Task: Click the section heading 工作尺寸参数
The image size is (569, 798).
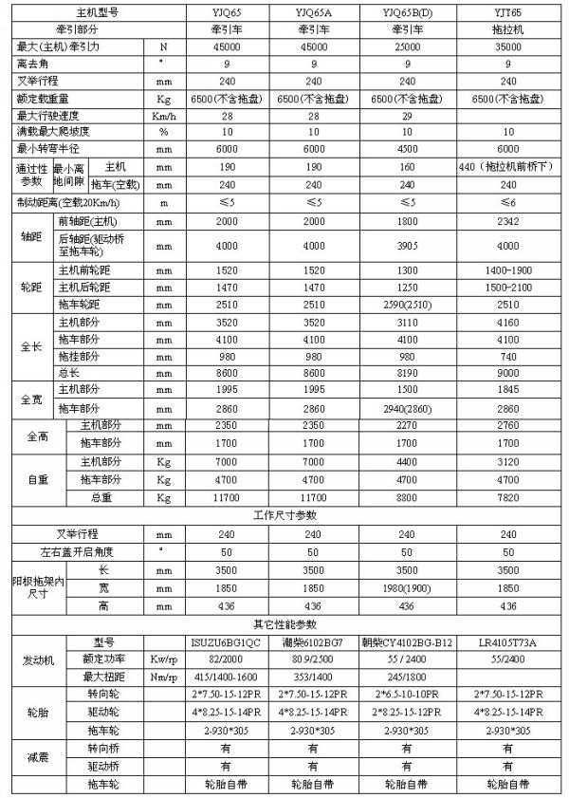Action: tap(282, 514)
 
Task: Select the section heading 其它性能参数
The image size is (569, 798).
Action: tap(282, 623)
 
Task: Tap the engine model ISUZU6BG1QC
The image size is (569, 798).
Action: tap(221, 640)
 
